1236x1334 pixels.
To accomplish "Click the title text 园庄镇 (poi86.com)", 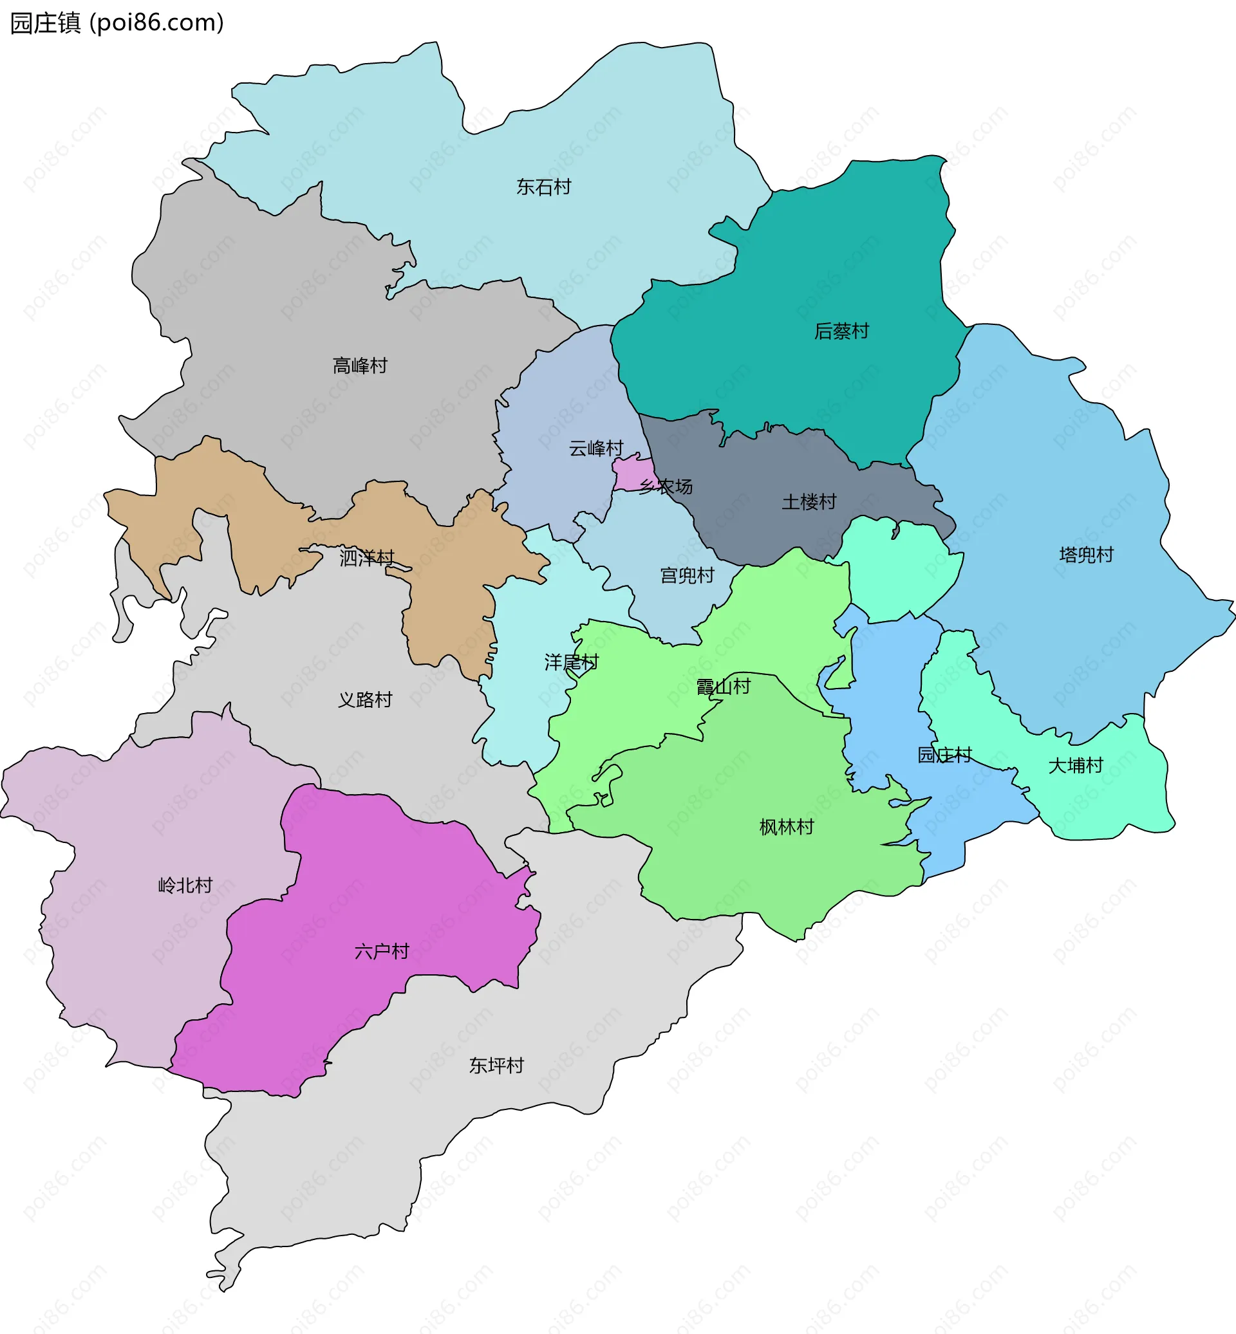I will coord(117,23).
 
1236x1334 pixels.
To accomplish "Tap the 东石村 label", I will coord(543,187).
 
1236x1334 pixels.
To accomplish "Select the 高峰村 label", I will coord(360,366).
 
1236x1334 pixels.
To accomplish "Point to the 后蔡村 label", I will coord(841,331).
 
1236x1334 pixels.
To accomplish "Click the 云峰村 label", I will coord(596,448).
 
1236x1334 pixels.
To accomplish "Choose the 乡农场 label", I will coord(666,486).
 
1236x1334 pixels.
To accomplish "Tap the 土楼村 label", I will coord(809,501).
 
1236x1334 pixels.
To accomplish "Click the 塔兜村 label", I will coord(1086,555).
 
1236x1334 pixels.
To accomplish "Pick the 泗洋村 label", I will coord(366,557).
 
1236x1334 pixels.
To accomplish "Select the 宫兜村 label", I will coord(687,575).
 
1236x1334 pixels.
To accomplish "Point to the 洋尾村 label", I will coord(571,662).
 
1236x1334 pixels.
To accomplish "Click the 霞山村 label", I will coord(723,686).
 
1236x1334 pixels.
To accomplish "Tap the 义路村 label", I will coord(364,699).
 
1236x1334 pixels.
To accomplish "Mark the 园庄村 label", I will coord(944,755).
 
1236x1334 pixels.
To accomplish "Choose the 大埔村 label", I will coord(1076,765).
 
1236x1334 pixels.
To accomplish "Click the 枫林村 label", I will coord(787,827).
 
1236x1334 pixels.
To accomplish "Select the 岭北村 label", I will coord(185,885).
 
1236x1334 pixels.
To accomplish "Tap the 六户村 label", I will coord(381,951).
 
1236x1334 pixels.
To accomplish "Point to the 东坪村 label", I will coord(496,1065).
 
